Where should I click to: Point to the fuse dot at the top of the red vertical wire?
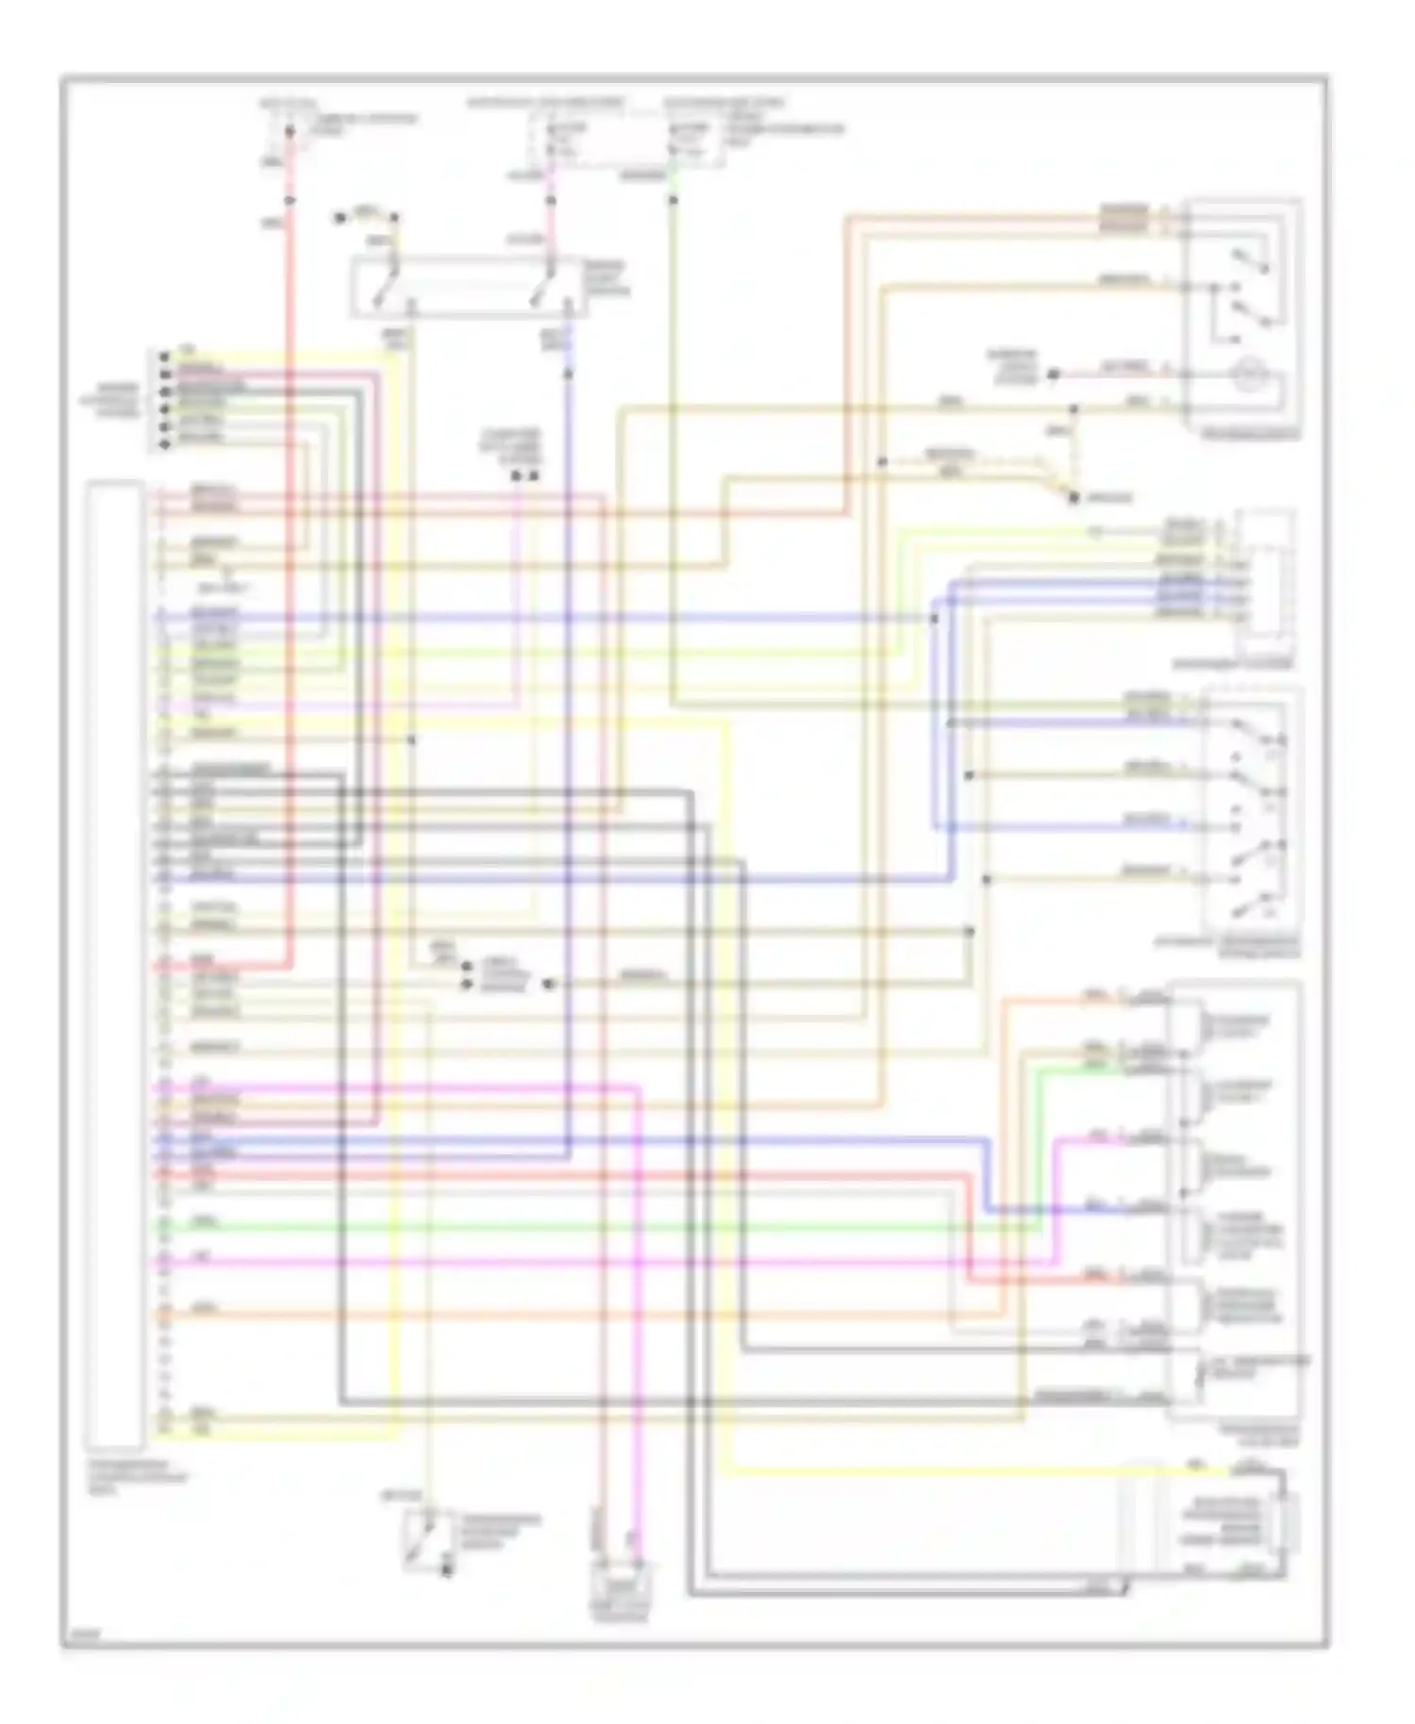pyautogui.click(x=290, y=130)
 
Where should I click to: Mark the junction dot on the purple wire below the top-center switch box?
pyautogui.click(x=568, y=374)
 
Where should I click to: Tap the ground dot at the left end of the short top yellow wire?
pyautogui.click(x=341, y=219)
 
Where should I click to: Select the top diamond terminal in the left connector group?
pyautogui.click(x=165, y=356)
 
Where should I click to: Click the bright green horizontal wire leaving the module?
pyautogui.click(x=566, y=1228)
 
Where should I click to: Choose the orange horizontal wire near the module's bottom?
pyautogui.click(x=566, y=1314)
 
